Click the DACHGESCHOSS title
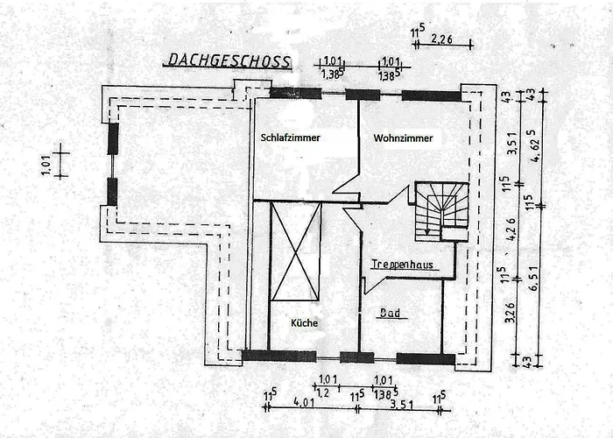click(x=227, y=60)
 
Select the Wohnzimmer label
click(x=403, y=138)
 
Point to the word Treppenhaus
click(x=402, y=264)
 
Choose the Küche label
click(x=304, y=323)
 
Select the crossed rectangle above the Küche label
click(x=295, y=251)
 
